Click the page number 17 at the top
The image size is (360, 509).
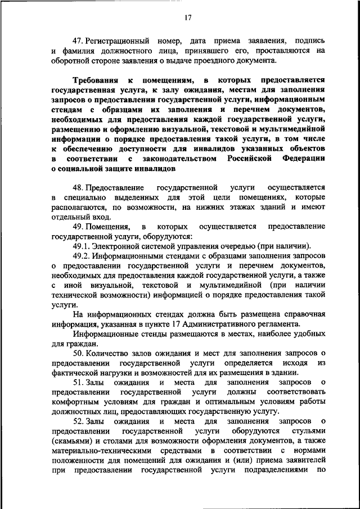tap(188, 17)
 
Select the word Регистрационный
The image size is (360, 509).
tap(118, 41)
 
